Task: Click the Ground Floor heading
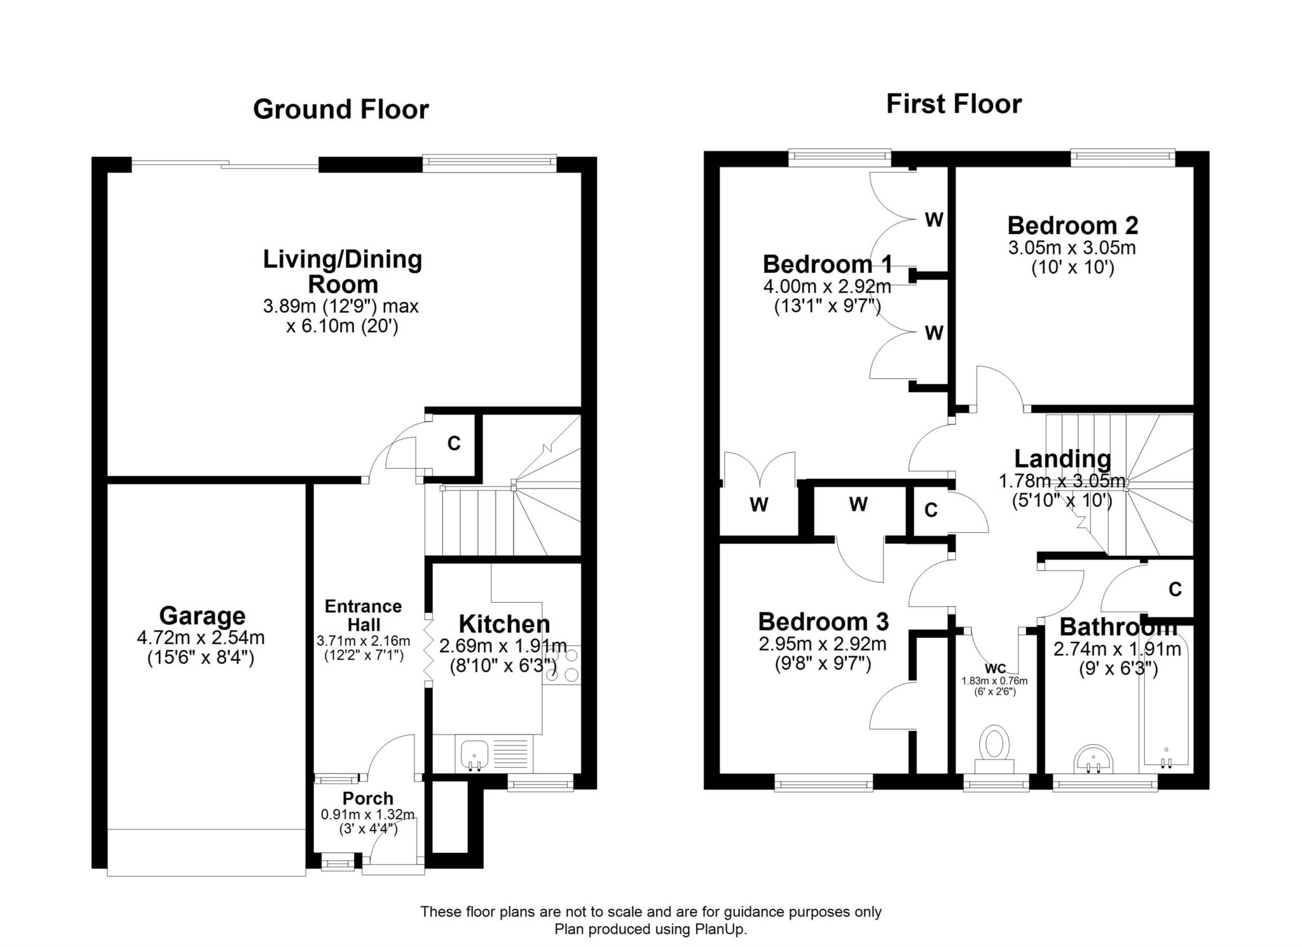point(341,109)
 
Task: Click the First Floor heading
point(954,104)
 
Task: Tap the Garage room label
point(202,616)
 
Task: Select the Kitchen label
point(504,624)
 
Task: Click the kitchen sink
point(474,754)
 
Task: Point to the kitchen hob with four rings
point(561,665)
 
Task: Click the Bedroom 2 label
point(1072,226)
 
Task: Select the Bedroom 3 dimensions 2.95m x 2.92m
point(823,644)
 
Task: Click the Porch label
point(367,798)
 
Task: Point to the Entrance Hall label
point(363,616)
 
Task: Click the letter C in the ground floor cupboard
point(453,443)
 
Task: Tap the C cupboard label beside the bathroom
point(1175,590)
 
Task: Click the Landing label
point(1062,459)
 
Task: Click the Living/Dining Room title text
point(343,272)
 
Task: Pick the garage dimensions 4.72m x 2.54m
point(201,637)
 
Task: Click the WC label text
point(995,668)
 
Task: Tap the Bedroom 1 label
point(827,264)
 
